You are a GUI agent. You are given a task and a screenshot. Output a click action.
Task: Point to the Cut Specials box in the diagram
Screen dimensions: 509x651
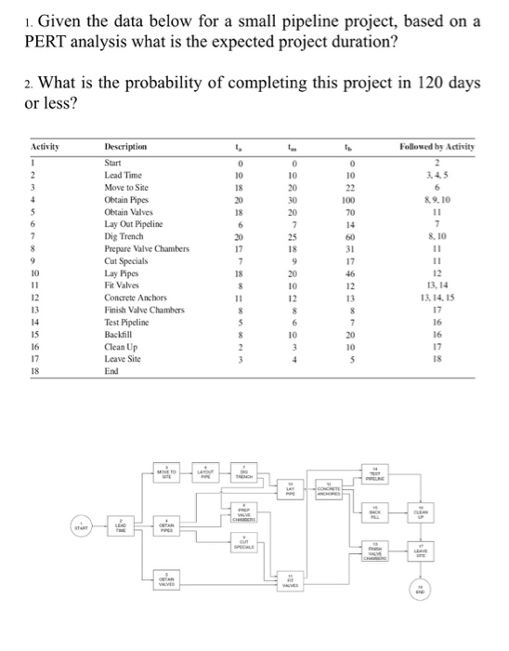[248, 546]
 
